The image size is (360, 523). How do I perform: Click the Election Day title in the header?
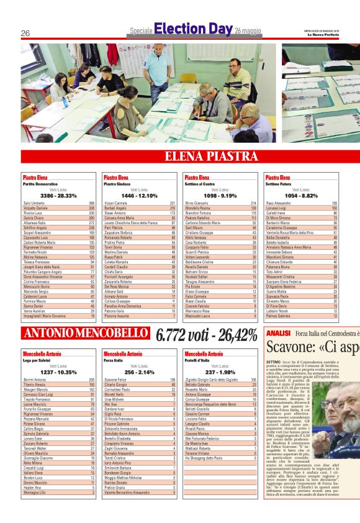coord(193,29)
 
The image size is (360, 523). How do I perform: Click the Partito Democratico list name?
coord(37,184)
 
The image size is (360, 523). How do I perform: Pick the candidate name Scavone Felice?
coord(115,380)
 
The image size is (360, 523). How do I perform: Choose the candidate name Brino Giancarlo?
coord(196,203)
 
